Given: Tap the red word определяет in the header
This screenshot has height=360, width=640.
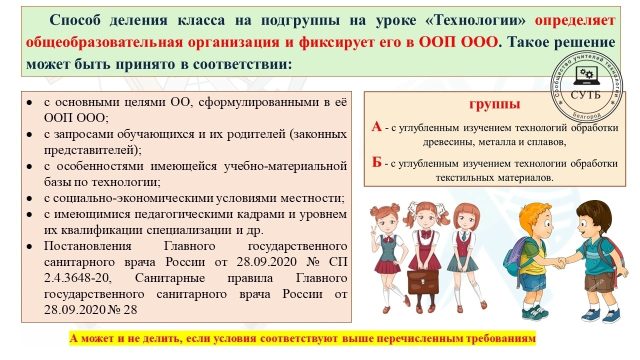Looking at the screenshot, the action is tap(575, 20).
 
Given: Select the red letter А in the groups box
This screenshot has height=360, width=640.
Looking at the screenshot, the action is tap(376, 126).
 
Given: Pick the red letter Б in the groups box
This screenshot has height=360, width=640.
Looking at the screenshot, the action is tap(376, 162).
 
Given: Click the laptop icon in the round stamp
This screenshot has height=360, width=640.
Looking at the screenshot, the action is tap(587, 75).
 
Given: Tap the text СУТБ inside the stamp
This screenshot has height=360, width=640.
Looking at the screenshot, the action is tap(585, 95).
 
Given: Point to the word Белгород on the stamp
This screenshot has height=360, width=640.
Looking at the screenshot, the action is tap(586, 115).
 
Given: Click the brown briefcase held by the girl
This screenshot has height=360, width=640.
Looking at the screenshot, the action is tap(422, 281).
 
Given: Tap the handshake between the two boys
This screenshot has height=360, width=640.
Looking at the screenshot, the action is tap(558, 263).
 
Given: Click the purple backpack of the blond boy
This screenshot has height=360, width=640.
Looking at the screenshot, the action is tap(515, 259).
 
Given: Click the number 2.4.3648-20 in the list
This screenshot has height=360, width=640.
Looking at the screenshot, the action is tap(77, 278).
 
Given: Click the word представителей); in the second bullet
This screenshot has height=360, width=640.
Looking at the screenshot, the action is tap(92, 150).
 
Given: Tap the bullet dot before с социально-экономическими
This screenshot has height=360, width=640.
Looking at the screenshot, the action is tap(29, 198).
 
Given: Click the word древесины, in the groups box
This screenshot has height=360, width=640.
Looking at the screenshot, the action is tap(448, 142).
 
